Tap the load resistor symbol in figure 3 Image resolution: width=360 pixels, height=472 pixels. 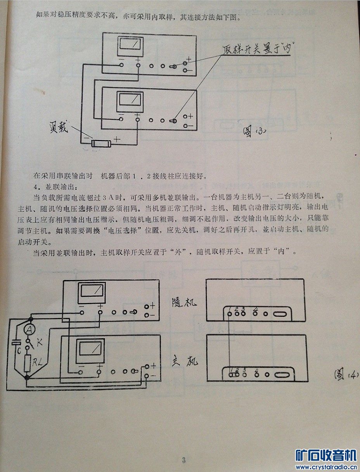100,143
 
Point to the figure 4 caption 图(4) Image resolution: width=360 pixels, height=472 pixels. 346,375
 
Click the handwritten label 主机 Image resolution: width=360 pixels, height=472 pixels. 184,361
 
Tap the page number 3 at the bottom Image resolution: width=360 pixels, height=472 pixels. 184,460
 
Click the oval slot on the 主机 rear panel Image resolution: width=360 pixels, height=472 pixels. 282,374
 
